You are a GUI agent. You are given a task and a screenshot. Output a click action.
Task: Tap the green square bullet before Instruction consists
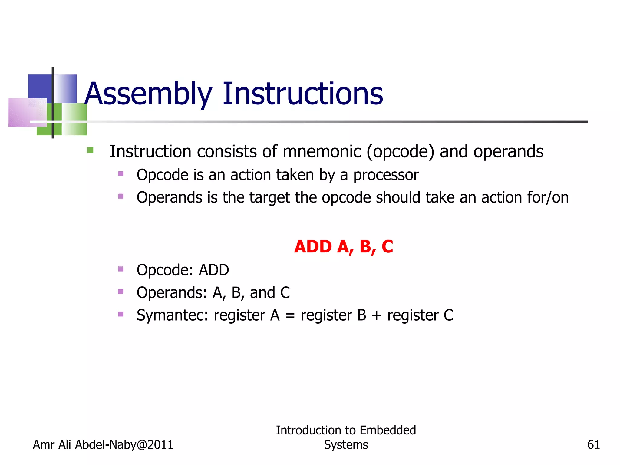90,150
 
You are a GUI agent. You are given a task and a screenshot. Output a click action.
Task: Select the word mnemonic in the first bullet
322,151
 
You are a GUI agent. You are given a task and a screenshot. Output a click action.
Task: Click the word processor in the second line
386,175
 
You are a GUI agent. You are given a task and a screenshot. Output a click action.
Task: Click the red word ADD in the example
313,246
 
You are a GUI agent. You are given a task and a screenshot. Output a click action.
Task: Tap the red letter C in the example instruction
387,246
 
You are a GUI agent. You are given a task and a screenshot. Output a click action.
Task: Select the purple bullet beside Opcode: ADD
120,269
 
